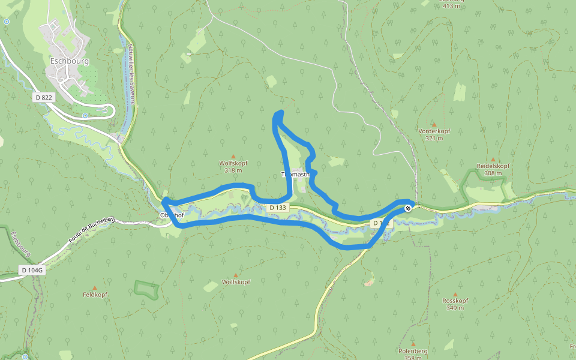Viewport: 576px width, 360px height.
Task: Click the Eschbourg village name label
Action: (70, 61)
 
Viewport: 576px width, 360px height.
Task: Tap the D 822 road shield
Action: (44, 97)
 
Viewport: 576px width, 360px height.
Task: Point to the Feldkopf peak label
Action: (95, 295)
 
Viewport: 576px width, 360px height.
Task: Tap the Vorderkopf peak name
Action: (434, 131)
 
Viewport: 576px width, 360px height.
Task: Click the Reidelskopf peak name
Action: (493, 166)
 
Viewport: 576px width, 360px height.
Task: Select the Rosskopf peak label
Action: (455, 301)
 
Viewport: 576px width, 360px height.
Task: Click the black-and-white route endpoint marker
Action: (408, 208)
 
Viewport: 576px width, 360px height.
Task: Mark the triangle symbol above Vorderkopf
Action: (434, 124)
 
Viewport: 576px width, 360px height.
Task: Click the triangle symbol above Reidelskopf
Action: (493, 159)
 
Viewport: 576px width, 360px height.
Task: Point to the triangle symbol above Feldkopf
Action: (94, 288)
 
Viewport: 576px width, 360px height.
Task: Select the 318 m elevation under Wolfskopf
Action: (233, 170)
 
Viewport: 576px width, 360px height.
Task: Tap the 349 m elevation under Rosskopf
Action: (455, 308)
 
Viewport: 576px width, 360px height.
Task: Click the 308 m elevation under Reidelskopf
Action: (493, 173)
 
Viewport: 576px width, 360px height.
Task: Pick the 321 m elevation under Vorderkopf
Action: (434, 138)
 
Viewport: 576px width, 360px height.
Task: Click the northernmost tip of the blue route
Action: (280, 112)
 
